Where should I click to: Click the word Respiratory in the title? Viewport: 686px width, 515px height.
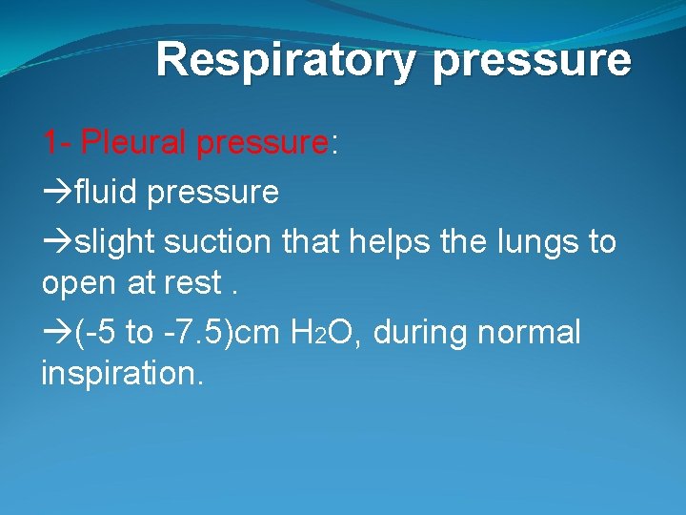(x=285, y=60)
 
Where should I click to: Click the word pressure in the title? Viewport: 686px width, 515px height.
(x=532, y=60)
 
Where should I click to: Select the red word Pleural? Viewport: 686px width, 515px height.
(x=134, y=143)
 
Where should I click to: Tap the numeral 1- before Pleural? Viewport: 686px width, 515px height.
(x=56, y=143)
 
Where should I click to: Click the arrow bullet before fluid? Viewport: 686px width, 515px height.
(x=56, y=194)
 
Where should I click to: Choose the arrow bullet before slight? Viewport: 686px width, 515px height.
(x=56, y=243)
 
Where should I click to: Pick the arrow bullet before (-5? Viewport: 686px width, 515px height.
(x=56, y=333)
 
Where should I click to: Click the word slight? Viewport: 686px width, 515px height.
(x=115, y=242)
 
